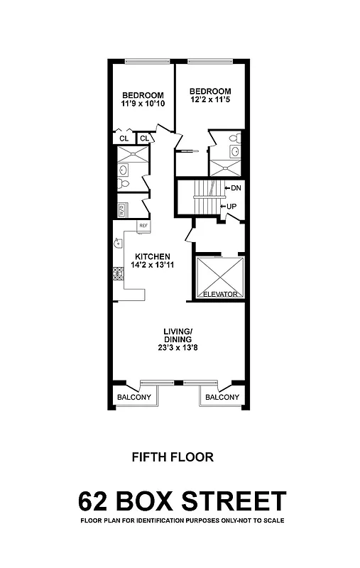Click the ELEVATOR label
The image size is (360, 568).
click(219, 294)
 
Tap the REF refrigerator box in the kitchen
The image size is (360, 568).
click(143, 226)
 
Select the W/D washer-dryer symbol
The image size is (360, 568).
click(121, 210)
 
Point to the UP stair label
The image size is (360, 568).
click(231, 206)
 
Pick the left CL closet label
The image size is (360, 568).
click(124, 138)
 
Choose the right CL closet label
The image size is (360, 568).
click(144, 138)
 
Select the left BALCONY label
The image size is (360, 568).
click(133, 398)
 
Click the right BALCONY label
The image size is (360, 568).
click(222, 398)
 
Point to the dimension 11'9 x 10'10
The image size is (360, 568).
click(143, 104)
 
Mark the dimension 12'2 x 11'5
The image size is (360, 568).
click(210, 100)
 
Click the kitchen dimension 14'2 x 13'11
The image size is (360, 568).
click(149, 265)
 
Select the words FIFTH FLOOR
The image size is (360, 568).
click(173, 457)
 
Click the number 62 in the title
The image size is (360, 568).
click(96, 501)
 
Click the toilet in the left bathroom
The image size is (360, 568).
click(123, 184)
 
